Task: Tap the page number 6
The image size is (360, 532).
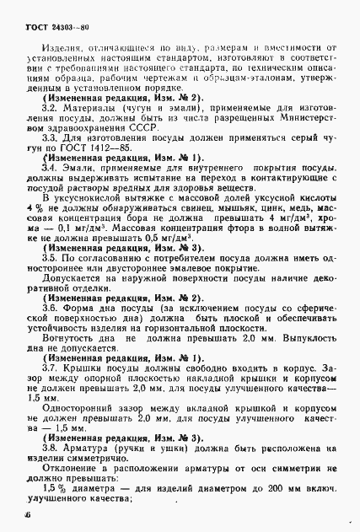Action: (28, 513)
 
